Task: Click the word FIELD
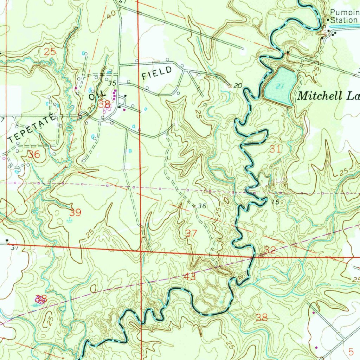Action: pyautogui.click(x=157, y=73)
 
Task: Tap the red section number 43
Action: pyautogui.click(x=189, y=277)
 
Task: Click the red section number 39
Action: pyautogui.click(x=75, y=212)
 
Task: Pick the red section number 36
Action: pyautogui.click(x=34, y=154)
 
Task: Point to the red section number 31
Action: pyautogui.click(x=276, y=149)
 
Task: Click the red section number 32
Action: pyautogui.click(x=270, y=250)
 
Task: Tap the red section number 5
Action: pyautogui.click(x=351, y=351)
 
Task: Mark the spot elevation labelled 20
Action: pyautogui.click(x=238, y=85)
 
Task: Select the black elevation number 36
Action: pyautogui.click(x=201, y=206)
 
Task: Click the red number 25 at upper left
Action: pyautogui.click(x=50, y=52)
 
